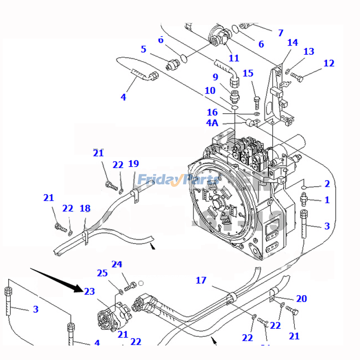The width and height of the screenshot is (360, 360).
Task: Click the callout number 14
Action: (x=292, y=42)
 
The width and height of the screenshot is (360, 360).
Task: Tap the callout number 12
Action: (x=328, y=63)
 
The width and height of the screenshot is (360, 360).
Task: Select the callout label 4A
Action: (x=212, y=123)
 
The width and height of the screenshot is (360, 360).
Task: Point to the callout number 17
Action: (x=201, y=280)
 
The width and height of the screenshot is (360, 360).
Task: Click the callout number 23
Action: (x=90, y=292)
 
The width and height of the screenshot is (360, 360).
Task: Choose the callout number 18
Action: (x=85, y=208)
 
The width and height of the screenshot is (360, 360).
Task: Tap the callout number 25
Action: (x=102, y=273)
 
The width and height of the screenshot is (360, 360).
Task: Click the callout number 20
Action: (x=301, y=298)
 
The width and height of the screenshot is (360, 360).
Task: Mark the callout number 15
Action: (x=248, y=73)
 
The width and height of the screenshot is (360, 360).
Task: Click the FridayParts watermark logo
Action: (x=178, y=180)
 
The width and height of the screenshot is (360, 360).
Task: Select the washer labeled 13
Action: (x=287, y=72)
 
